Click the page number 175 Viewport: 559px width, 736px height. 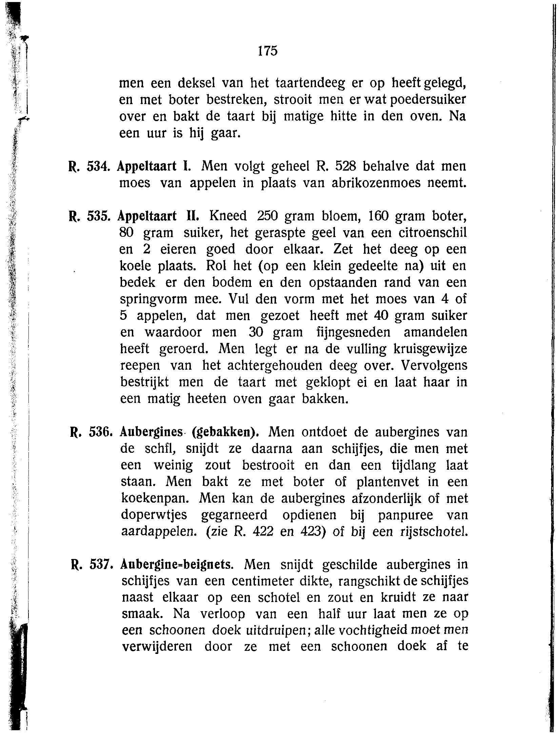coord(267,51)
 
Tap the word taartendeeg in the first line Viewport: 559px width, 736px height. coord(310,83)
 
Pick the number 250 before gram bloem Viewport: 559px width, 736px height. coord(267,216)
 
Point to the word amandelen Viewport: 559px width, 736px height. coord(435,332)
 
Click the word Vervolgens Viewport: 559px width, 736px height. coord(434,366)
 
